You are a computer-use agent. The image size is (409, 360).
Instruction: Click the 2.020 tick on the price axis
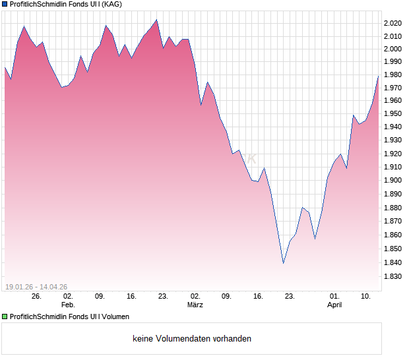393,23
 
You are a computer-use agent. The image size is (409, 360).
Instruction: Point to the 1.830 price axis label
393,277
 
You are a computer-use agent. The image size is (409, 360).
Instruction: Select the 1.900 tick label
393,180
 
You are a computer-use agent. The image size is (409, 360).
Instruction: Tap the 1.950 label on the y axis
393,113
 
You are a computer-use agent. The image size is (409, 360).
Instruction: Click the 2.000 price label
393,49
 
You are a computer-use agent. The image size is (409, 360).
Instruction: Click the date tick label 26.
36,297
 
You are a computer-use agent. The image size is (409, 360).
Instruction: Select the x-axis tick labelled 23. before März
163,297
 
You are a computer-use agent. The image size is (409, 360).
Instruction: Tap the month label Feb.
68,305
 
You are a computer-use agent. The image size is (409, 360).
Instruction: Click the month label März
195,305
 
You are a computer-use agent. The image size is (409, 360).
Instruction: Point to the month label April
334,305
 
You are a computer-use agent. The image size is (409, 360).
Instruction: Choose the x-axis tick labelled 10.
365,297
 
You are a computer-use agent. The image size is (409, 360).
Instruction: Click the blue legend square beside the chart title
5,4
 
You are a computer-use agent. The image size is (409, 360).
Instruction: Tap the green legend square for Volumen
5,316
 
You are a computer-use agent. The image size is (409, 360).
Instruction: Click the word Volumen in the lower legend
113,316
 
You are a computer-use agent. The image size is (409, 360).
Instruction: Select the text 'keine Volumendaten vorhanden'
192,339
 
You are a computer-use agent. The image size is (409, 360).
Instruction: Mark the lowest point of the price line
284,263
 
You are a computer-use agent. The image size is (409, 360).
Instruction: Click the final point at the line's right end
378,76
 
